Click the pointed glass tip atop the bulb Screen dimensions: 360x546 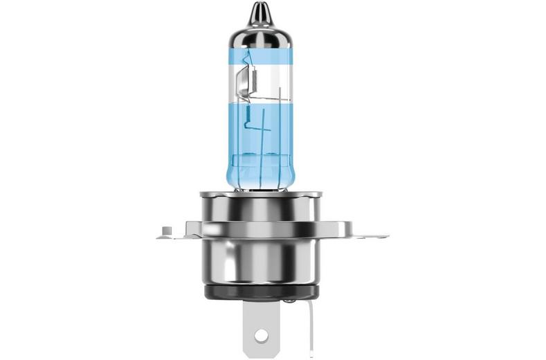(x=260, y=10)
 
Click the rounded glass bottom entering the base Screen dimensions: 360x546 (x=260, y=181)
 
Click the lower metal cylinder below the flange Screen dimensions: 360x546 (x=260, y=260)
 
